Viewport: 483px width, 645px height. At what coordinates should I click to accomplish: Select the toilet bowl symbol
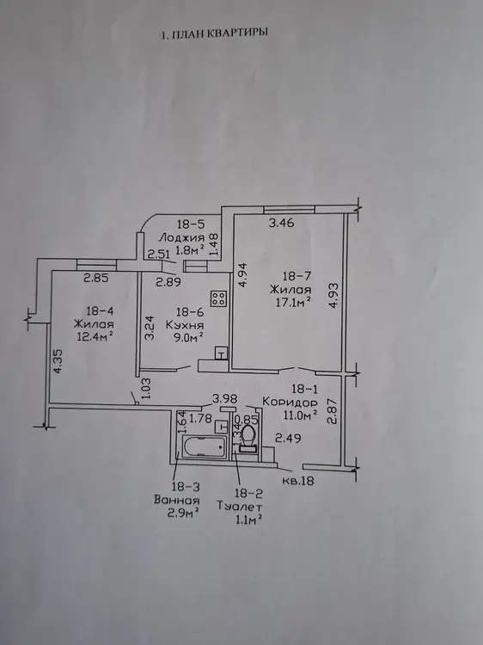pyautogui.click(x=248, y=439)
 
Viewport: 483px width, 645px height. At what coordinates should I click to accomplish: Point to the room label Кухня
pyautogui.click(x=185, y=325)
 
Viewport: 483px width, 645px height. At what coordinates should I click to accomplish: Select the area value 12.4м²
pyautogui.click(x=95, y=337)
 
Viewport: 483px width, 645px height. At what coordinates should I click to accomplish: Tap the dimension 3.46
pyautogui.click(x=282, y=224)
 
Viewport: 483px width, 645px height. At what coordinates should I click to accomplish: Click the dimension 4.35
pyautogui.click(x=58, y=361)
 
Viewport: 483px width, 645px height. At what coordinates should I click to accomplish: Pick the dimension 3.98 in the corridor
pyautogui.click(x=225, y=398)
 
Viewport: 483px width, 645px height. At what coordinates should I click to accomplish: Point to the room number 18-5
pyautogui.click(x=191, y=224)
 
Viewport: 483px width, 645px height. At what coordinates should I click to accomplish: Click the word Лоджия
pyautogui.click(x=182, y=237)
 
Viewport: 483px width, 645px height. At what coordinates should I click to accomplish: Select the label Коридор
pyautogui.click(x=290, y=401)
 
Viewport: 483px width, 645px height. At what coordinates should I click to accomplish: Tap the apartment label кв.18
pyautogui.click(x=298, y=481)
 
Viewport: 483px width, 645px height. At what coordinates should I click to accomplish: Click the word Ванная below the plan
pyautogui.click(x=177, y=501)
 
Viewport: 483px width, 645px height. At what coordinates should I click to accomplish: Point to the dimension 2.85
pyautogui.click(x=95, y=279)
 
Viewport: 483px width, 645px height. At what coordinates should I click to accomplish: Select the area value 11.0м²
pyautogui.click(x=300, y=415)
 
